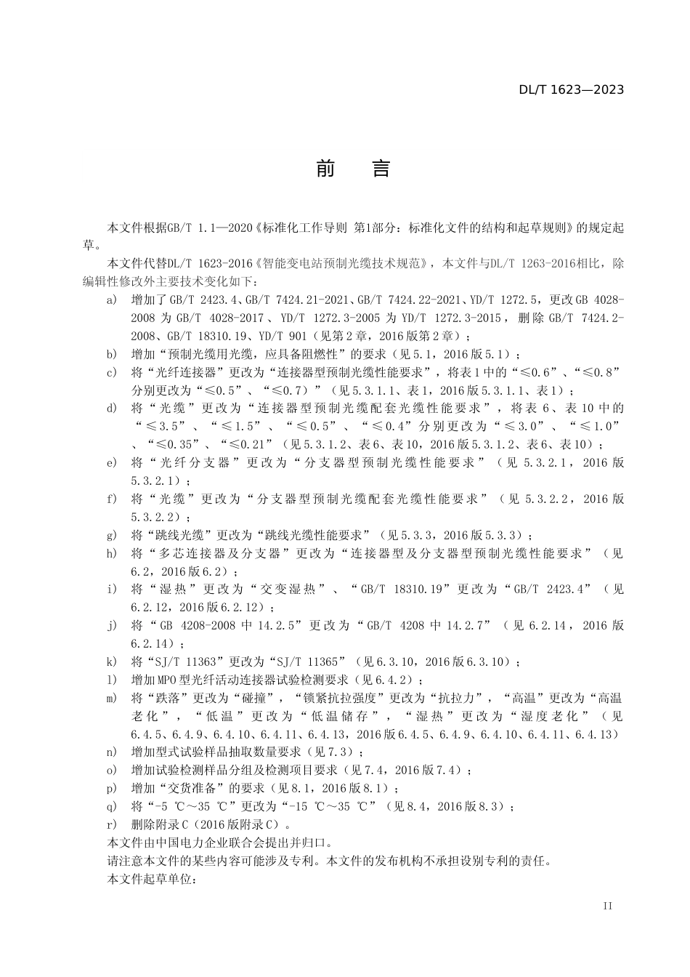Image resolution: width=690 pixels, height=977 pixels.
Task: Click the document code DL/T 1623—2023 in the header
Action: pos(571,90)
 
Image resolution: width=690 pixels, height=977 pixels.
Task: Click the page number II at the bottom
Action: pos(608,906)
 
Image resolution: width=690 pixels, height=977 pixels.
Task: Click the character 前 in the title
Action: pos(326,169)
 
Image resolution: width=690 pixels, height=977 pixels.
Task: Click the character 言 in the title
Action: pos(381,169)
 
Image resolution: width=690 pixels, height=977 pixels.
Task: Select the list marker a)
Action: pos(111,299)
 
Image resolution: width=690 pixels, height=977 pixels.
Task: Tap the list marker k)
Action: pos(111,662)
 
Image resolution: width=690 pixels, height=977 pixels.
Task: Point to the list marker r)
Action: pos(111,824)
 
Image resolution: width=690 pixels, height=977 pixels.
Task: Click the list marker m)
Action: pos(111,698)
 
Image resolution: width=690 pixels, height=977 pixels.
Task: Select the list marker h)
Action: pos(111,553)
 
